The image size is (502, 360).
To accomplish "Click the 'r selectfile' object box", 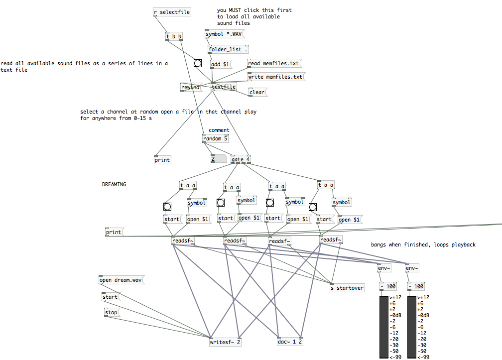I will pyautogui.click(x=172, y=12).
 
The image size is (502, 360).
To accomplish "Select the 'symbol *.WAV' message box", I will pyautogui.click(x=225, y=34).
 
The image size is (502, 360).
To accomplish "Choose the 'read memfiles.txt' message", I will pyautogui.click(x=273, y=63).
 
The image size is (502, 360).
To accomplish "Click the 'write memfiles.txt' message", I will pyautogui.click(x=275, y=77).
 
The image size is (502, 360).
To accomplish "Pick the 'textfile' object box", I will pyautogui.click(x=224, y=87).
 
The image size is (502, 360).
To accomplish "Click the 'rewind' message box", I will pyautogui.click(x=190, y=87).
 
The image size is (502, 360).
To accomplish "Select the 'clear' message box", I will pyautogui.click(x=257, y=92).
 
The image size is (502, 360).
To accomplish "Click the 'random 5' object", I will pyautogui.click(x=215, y=138).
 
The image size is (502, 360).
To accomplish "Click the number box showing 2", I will pyautogui.click(x=218, y=159).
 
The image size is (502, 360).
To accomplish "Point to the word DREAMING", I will pyautogui.click(x=114, y=184).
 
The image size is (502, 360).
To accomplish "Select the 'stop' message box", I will pyautogui.click(x=112, y=313).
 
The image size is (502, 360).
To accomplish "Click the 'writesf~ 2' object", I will pyautogui.click(x=226, y=342).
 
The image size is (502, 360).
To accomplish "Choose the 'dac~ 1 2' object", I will pyautogui.click(x=290, y=342).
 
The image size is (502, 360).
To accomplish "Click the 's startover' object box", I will pyautogui.click(x=348, y=288).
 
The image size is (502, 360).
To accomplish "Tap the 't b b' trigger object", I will pyautogui.click(x=174, y=36).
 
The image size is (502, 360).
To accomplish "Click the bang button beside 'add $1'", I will pyautogui.click(x=198, y=63).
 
